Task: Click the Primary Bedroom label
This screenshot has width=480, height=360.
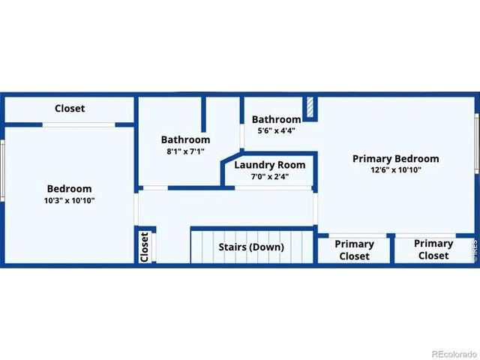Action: point(396,158)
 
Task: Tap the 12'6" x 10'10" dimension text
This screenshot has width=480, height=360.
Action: point(396,170)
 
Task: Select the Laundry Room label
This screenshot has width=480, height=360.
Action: point(270,165)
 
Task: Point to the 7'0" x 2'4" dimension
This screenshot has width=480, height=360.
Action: point(270,177)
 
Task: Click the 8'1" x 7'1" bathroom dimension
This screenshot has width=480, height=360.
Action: point(185,151)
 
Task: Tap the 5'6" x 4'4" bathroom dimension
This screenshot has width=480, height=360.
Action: point(277,130)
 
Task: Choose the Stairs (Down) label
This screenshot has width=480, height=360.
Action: point(251,247)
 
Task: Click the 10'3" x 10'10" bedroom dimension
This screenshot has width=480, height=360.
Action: point(70,201)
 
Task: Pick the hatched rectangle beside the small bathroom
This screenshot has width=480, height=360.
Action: point(310,106)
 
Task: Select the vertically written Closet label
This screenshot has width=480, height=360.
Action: point(145,247)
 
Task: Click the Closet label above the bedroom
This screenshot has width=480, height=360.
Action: point(70,108)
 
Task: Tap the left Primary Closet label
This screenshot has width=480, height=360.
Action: point(354,250)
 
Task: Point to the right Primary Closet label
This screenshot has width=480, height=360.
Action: point(433,250)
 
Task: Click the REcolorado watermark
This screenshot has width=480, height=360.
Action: point(454,354)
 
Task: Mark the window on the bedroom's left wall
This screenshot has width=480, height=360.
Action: point(2,171)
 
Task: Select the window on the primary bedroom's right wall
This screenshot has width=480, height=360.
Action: point(477,143)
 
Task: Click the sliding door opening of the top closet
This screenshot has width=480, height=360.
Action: point(79,125)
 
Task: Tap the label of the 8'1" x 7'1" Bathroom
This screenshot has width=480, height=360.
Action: point(185,139)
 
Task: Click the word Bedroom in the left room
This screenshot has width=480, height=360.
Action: point(70,188)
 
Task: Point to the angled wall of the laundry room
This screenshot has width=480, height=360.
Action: point(232,157)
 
